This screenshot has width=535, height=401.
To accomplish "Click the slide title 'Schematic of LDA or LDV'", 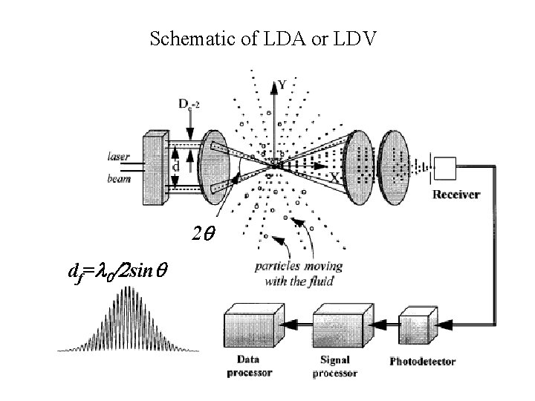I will click(x=263, y=38).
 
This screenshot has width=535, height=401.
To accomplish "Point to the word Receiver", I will click(x=456, y=195).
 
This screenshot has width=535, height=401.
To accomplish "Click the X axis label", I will click(x=334, y=178).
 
